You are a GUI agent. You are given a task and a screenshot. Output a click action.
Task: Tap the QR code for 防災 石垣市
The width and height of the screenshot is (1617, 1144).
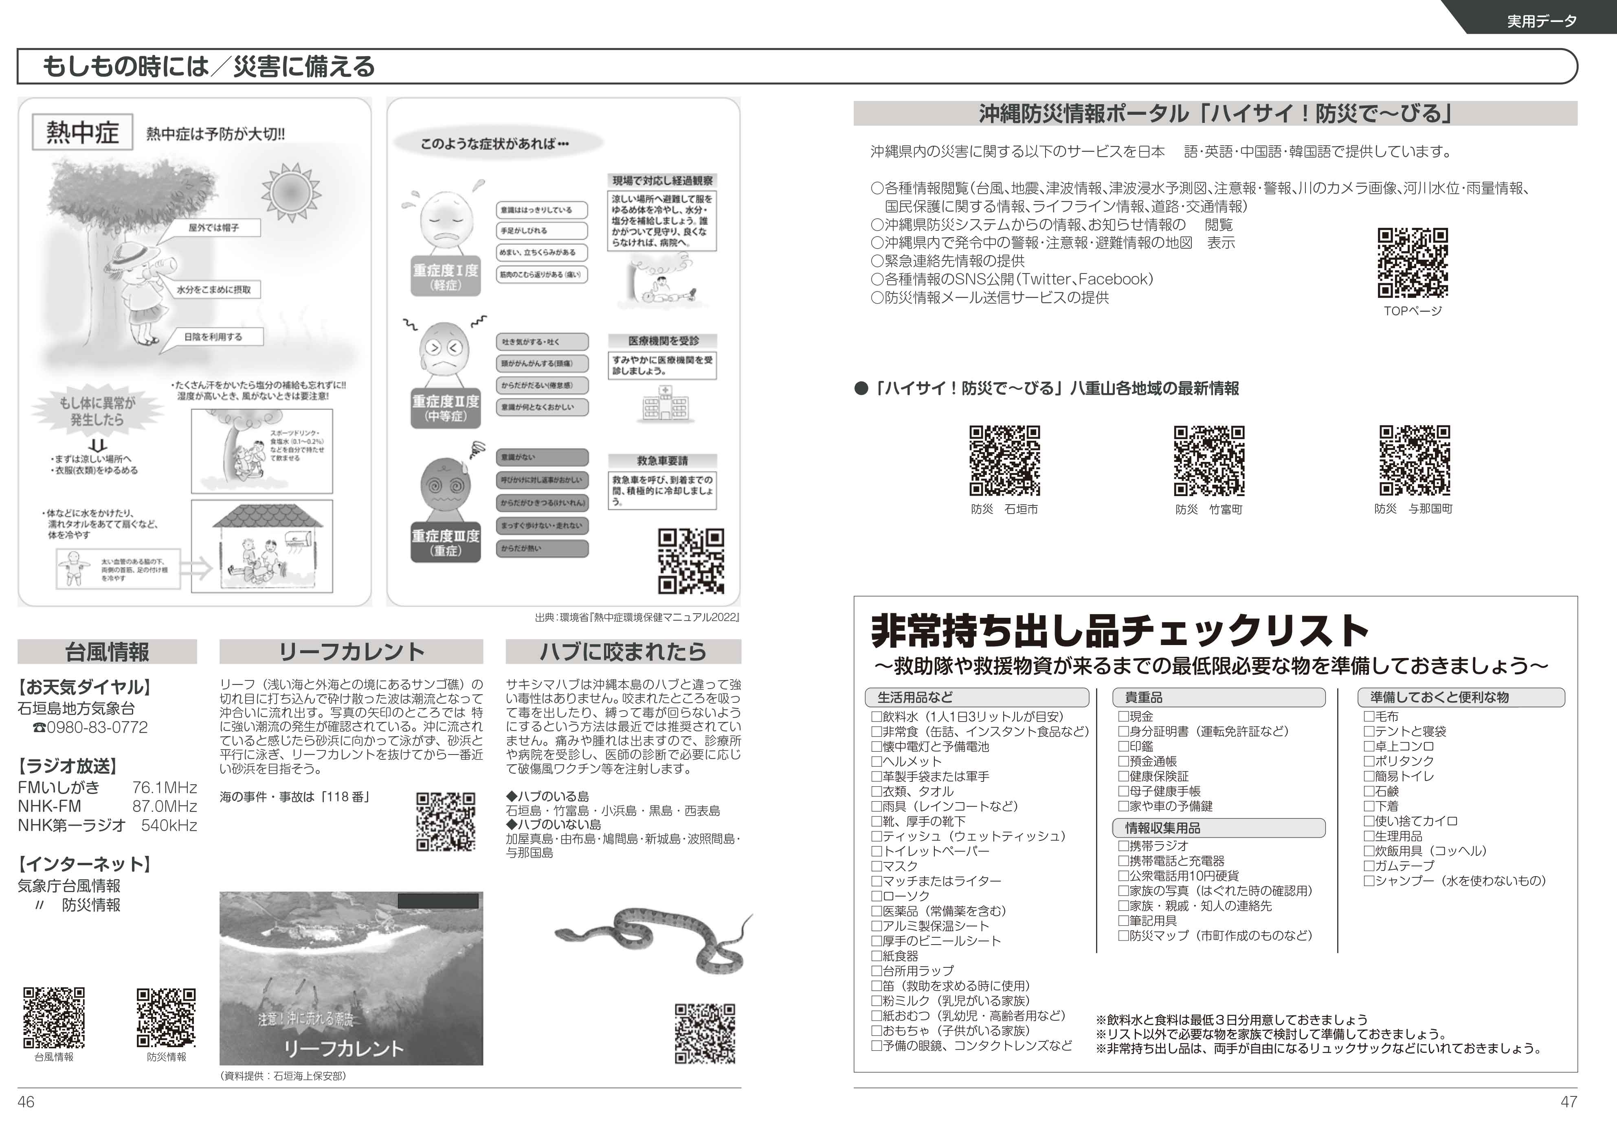[1004, 461]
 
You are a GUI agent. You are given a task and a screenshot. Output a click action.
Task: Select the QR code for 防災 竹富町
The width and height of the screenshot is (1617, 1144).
[1209, 461]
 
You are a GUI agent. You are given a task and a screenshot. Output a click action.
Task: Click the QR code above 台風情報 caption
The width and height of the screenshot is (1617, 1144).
[54, 1017]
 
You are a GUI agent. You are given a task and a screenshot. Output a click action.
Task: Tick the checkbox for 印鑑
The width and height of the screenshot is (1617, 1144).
[1124, 746]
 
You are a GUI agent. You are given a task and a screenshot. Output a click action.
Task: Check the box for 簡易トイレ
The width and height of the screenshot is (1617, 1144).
[1369, 776]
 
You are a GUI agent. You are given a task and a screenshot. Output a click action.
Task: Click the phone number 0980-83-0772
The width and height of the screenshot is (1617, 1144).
[97, 728]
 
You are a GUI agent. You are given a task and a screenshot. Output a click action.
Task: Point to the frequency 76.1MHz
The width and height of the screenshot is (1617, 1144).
[164, 787]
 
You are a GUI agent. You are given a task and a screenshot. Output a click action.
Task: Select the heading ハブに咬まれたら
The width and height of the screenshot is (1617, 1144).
[623, 652]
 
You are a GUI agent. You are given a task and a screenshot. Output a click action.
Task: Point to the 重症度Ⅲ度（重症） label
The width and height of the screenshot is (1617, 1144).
[446, 542]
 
